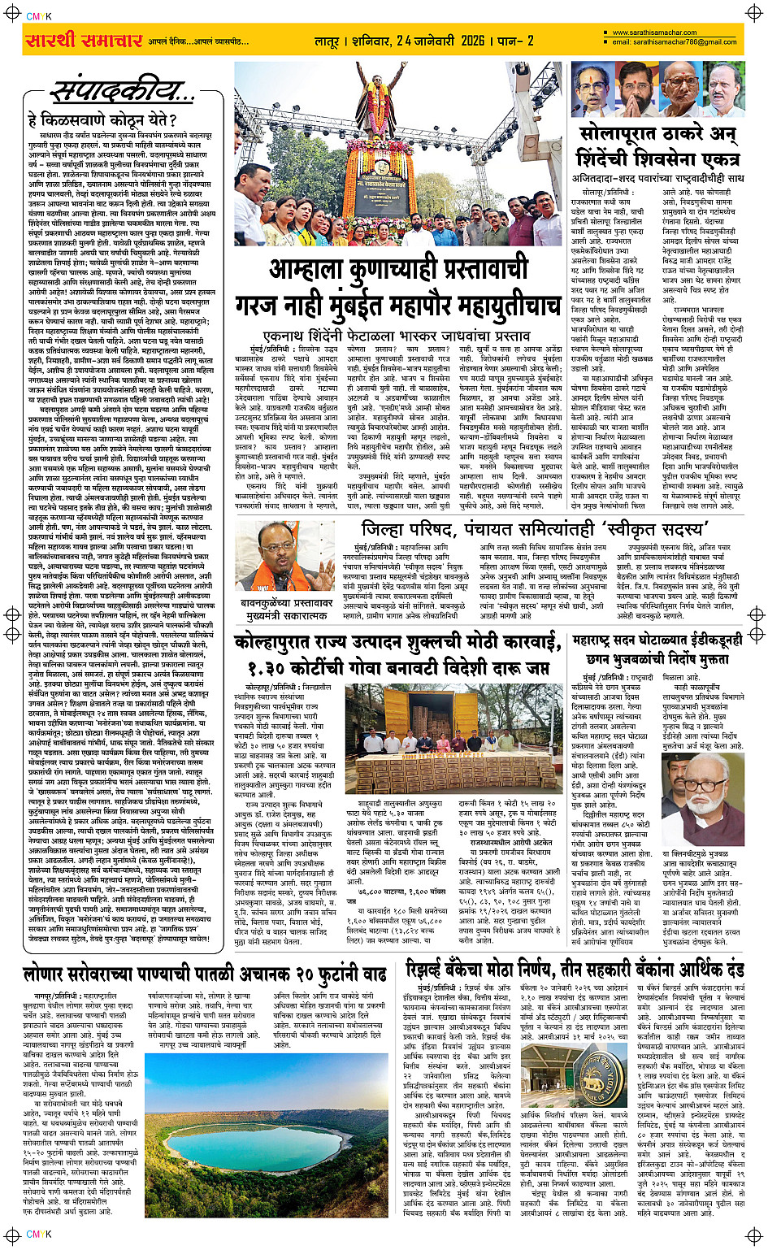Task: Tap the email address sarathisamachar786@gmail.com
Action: (x=674, y=42)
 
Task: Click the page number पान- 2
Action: (x=515, y=41)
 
